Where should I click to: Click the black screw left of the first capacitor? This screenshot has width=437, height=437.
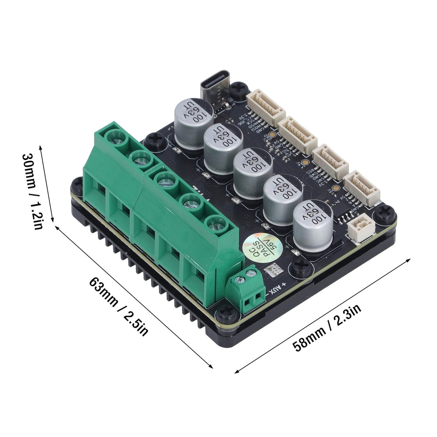156,141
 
